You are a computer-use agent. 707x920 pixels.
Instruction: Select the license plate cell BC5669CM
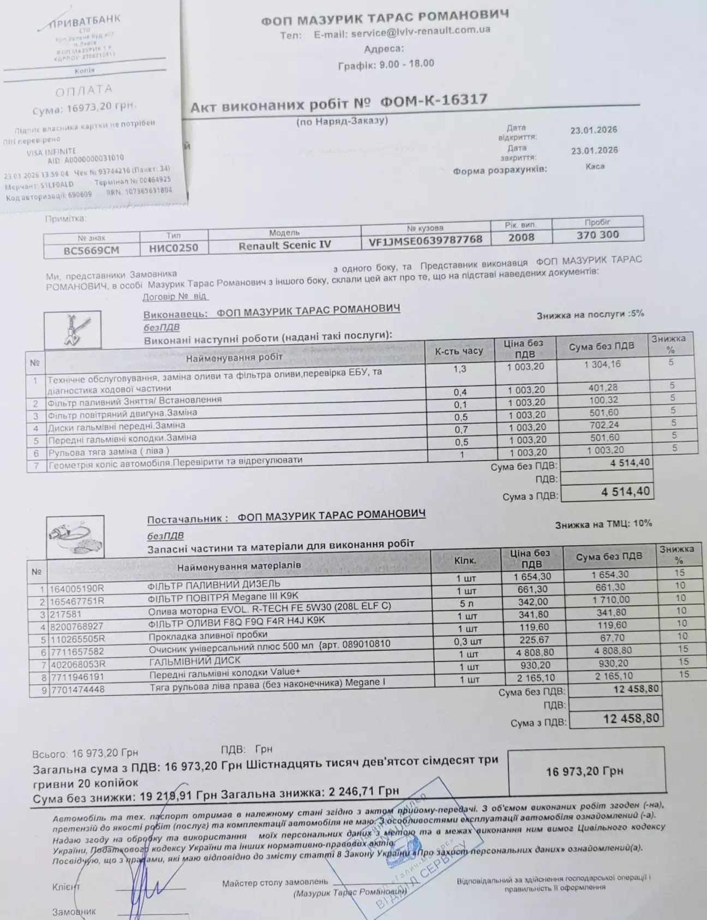[92, 250]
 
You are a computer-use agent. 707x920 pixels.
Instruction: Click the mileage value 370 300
[597, 235]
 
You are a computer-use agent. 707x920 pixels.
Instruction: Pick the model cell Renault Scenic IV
[284, 245]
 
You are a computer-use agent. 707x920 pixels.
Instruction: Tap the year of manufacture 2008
[521, 237]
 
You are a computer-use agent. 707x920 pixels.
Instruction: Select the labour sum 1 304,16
[602, 364]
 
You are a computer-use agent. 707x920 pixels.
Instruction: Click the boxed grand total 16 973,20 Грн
[584, 771]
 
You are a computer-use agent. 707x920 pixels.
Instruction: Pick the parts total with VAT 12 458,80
[631, 718]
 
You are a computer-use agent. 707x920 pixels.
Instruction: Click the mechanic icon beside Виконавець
[73, 330]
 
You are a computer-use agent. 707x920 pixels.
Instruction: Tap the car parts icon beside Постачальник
[75, 537]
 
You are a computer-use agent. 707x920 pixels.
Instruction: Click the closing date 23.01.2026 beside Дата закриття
[594, 150]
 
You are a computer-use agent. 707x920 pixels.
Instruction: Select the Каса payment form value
[594, 166]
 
